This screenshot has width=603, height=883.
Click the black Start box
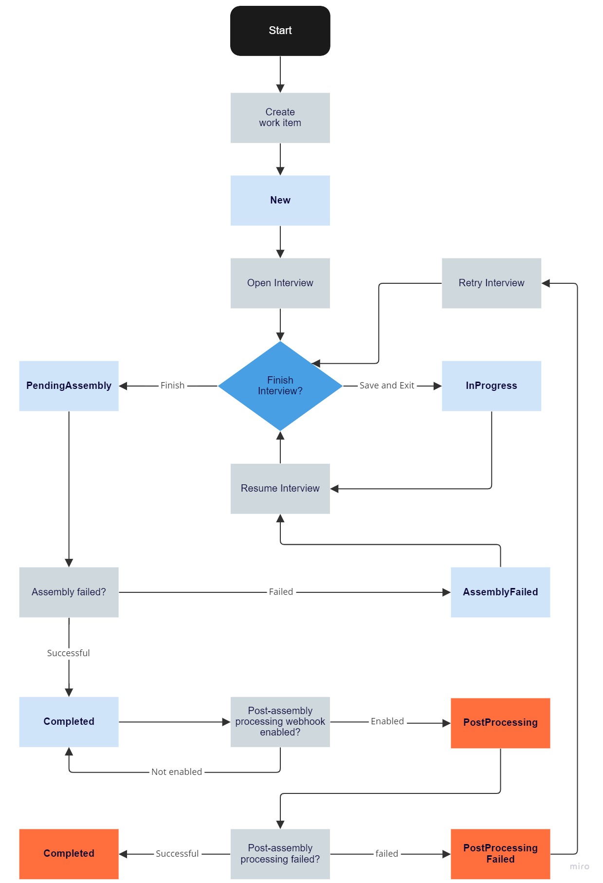tap(280, 31)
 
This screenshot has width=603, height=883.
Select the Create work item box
tap(280, 118)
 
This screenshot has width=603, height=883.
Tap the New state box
tap(280, 200)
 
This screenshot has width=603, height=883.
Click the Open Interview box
tap(280, 283)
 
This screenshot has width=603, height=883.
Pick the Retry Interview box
tap(491, 283)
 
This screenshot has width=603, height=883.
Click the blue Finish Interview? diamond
tap(280, 386)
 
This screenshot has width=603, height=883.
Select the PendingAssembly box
tap(69, 386)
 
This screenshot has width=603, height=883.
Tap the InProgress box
tap(491, 386)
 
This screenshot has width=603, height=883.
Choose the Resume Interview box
tap(280, 488)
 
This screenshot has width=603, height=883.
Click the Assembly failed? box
tap(69, 592)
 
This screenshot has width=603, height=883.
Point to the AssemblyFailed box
tap(500, 592)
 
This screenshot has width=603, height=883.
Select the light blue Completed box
tap(69, 721)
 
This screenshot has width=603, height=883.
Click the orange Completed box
tap(69, 853)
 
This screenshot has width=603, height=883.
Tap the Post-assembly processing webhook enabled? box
tap(280, 721)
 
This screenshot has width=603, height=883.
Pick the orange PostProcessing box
tap(500, 722)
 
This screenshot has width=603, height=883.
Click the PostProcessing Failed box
tap(500, 853)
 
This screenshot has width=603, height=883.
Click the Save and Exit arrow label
tap(386, 386)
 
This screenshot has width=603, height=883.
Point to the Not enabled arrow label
tap(176, 772)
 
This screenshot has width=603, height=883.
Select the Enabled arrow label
tap(387, 721)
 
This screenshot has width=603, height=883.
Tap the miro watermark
tap(579, 866)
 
